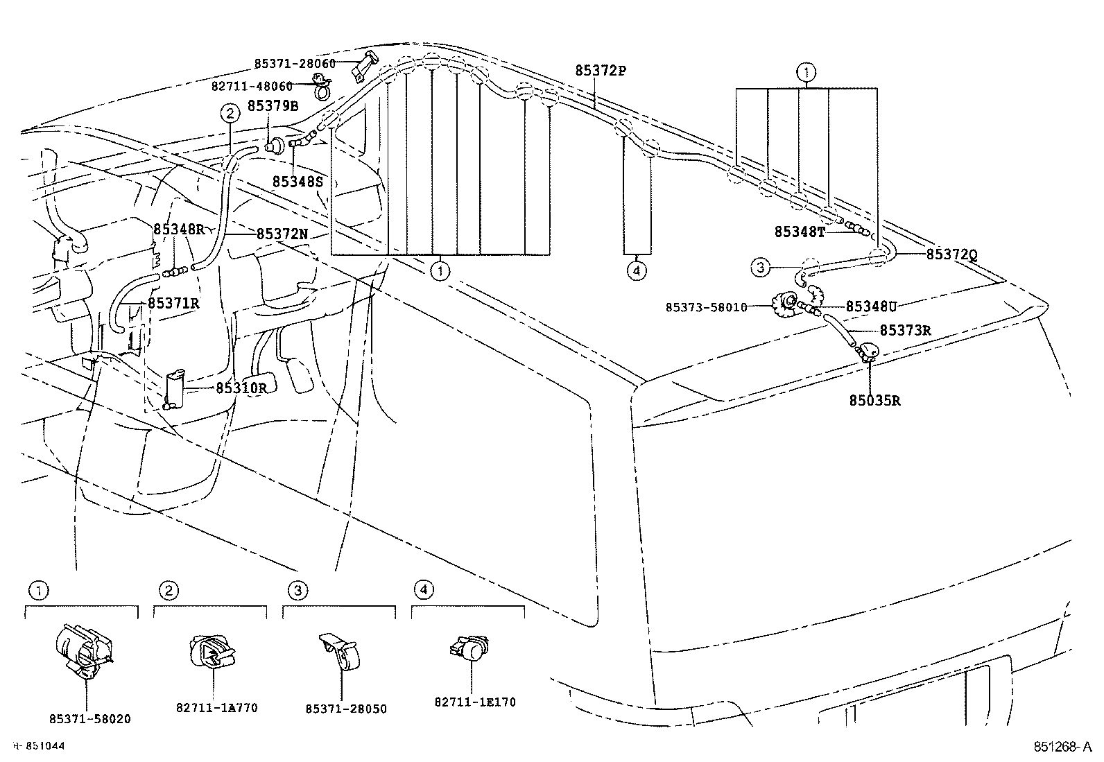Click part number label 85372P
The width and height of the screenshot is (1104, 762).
pyautogui.click(x=600, y=71)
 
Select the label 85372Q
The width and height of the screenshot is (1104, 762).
pyautogui.click(x=951, y=254)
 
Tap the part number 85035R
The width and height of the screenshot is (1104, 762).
pyautogui.click(x=874, y=401)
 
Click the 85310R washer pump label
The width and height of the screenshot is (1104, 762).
pyautogui.click(x=241, y=388)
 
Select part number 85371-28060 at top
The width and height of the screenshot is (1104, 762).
pyautogui.click(x=295, y=63)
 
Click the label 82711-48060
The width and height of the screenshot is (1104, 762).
pyautogui.click(x=252, y=86)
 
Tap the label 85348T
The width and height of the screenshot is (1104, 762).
pyautogui.click(x=800, y=232)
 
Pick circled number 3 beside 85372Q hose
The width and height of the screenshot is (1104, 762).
pyautogui.click(x=761, y=266)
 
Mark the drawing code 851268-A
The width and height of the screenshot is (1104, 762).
pyautogui.click(x=1060, y=747)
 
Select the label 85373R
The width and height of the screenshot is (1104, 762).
pyautogui.click(x=905, y=331)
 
